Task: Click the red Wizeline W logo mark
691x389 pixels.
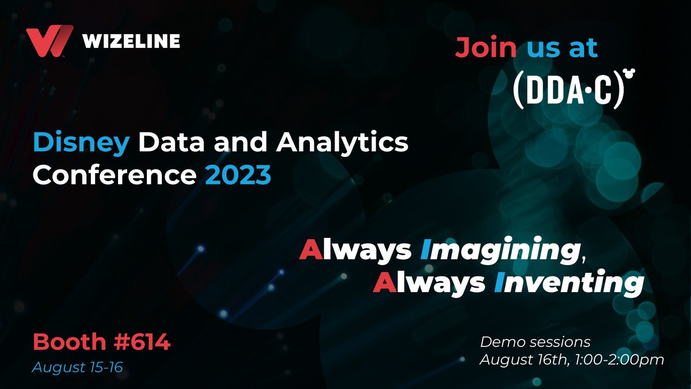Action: click(50, 41)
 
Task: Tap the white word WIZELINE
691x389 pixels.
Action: click(131, 41)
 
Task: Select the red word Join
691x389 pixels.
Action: click(486, 47)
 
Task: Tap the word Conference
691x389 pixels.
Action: click(115, 175)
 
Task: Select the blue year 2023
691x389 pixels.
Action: click(238, 175)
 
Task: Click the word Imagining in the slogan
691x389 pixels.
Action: click(500, 251)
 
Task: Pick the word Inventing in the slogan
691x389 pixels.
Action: click(569, 283)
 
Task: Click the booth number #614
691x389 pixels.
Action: click(142, 341)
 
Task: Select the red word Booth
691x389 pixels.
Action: click(70, 341)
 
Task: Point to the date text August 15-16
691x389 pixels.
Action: click(77, 367)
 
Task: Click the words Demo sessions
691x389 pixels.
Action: click(535, 342)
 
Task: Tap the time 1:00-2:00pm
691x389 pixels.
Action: click(620, 360)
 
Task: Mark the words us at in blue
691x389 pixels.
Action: click(563, 48)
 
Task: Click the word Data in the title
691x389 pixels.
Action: click(171, 143)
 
